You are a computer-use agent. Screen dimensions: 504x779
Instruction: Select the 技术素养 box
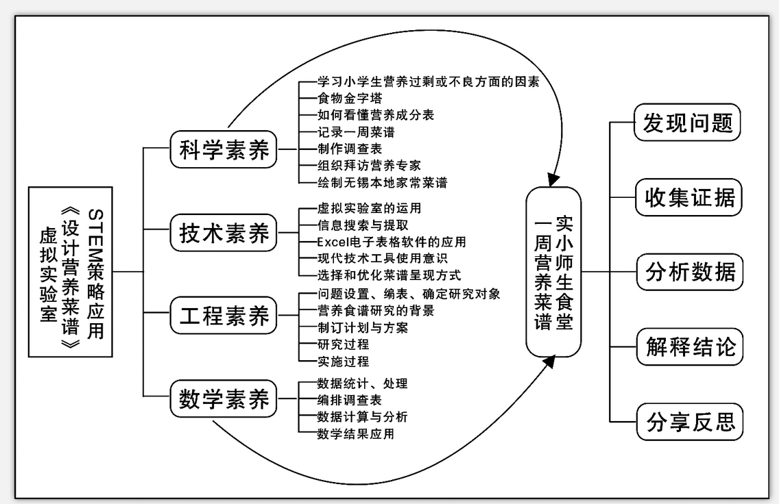224,235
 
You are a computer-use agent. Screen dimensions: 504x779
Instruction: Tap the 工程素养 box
224,317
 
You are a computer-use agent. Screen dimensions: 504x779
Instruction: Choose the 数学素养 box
224,400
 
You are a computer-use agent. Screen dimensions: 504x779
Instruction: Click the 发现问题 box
688,123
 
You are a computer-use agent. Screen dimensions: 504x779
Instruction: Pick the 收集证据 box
688,197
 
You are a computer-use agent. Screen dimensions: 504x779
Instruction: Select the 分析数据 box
688,272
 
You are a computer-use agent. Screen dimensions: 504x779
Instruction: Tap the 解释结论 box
688,347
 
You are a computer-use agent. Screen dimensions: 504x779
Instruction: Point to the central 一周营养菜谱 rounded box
553,272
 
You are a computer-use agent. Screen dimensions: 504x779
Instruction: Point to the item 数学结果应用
355,433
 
